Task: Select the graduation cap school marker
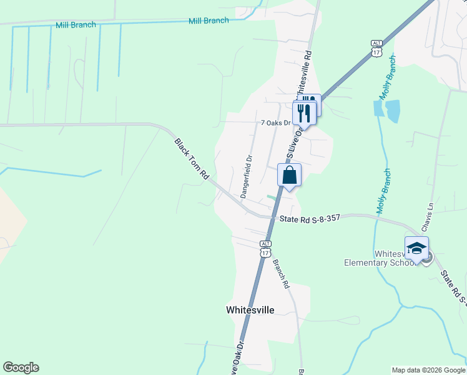tap(416, 249)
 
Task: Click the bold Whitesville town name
tap(250, 309)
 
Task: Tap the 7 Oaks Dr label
tap(275, 123)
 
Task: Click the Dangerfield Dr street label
tap(245, 177)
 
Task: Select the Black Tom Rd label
tap(191, 159)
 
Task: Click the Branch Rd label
tap(281, 273)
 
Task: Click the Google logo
tap(21, 367)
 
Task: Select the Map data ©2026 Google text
tap(428, 370)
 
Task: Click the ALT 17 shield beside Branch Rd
tap(266, 248)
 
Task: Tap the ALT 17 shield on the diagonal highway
tap(376, 48)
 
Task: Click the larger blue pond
tap(393, 111)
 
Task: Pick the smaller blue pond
tap(378, 107)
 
